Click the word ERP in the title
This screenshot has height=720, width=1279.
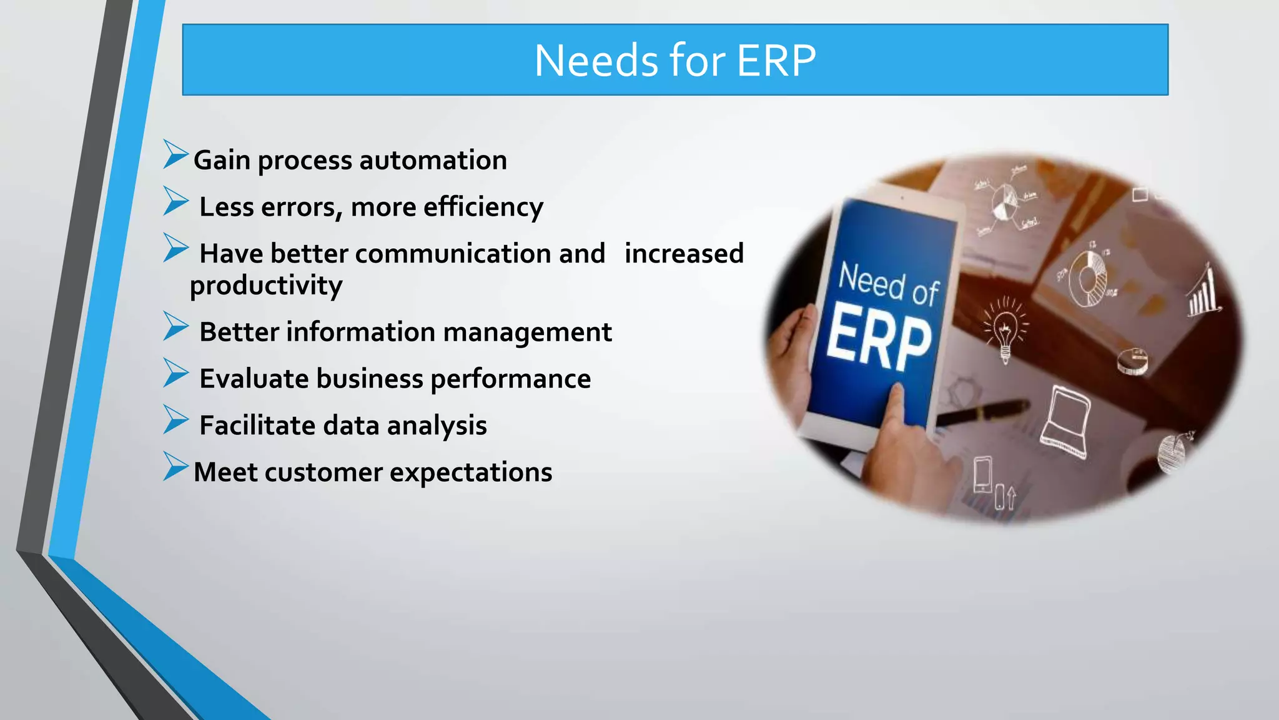776,61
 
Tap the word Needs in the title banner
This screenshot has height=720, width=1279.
597,61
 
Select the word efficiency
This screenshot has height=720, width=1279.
483,207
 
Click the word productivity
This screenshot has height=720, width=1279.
266,286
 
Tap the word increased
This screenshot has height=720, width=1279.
684,254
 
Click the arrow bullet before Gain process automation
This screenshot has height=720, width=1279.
175,154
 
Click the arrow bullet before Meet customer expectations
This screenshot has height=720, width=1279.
175,466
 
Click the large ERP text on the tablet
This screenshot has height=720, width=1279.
879,337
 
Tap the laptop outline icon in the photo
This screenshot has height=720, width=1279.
1065,422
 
